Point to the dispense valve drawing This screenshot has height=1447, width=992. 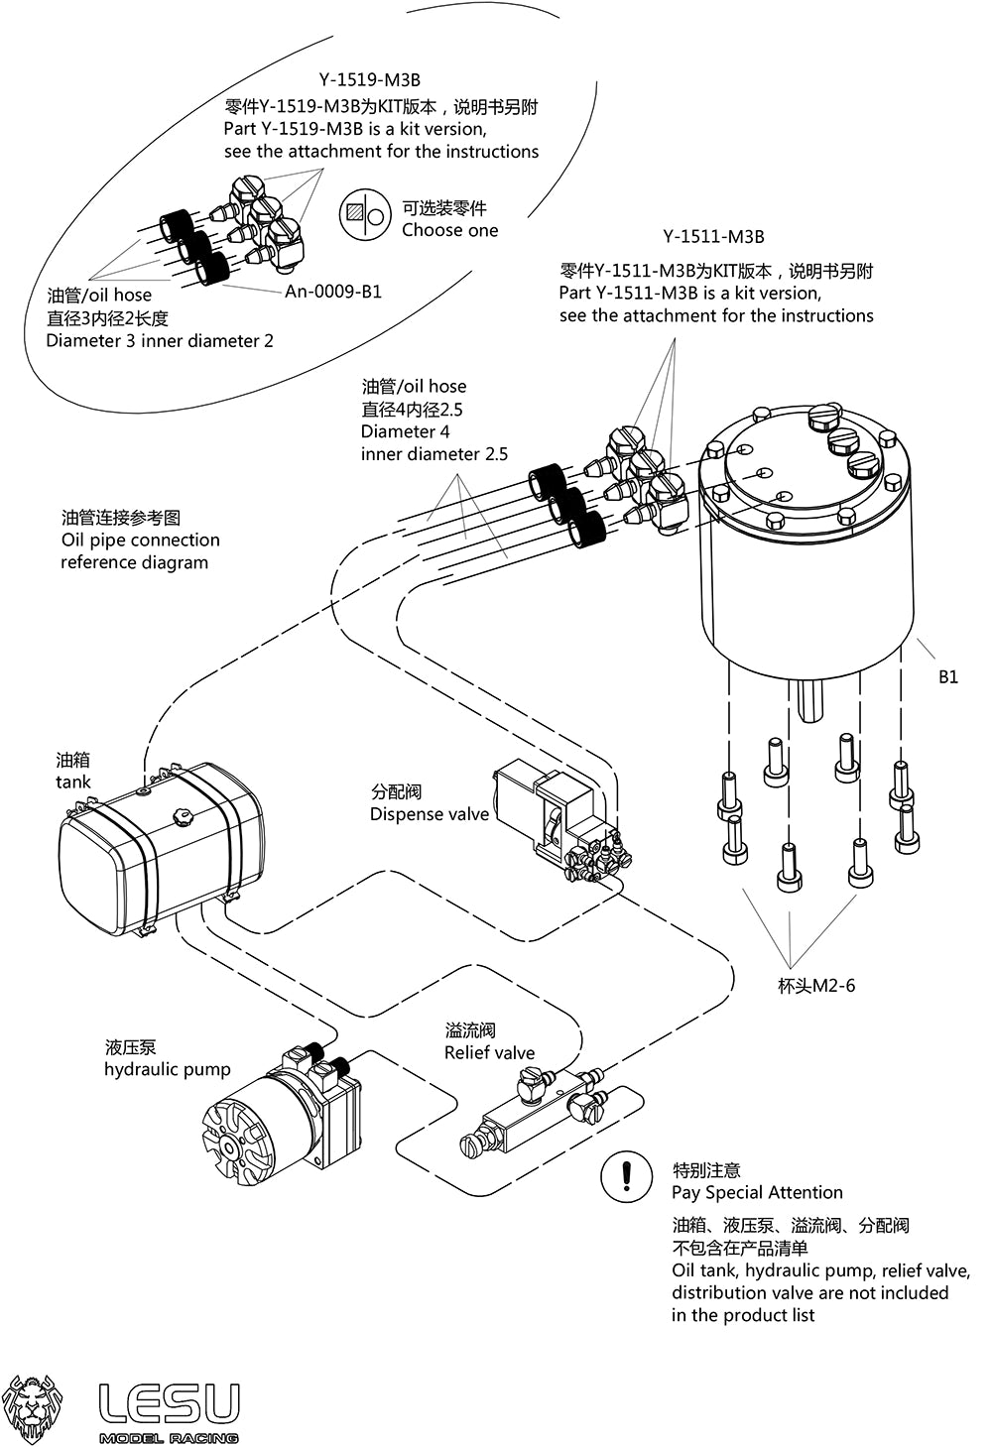(x=556, y=818)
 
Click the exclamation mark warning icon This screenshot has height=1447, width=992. (x=626, y=1176)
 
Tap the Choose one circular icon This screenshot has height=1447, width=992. (x=364, y=215)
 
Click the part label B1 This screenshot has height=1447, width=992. (x=948, y=677)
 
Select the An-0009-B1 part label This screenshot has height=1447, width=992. (x=333, y=292)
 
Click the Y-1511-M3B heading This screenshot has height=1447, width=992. (x=714, y=237)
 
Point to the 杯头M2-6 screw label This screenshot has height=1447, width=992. (x=816, y=986)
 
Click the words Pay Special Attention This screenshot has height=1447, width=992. (x=757, y=1193)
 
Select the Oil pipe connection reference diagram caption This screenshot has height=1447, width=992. (x=139, y=541)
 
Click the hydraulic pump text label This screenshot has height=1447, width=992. (x=167, y=1070)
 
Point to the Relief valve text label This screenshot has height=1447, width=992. (x=489, y=1053)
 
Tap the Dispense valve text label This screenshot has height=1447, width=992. (x=430, y=814)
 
